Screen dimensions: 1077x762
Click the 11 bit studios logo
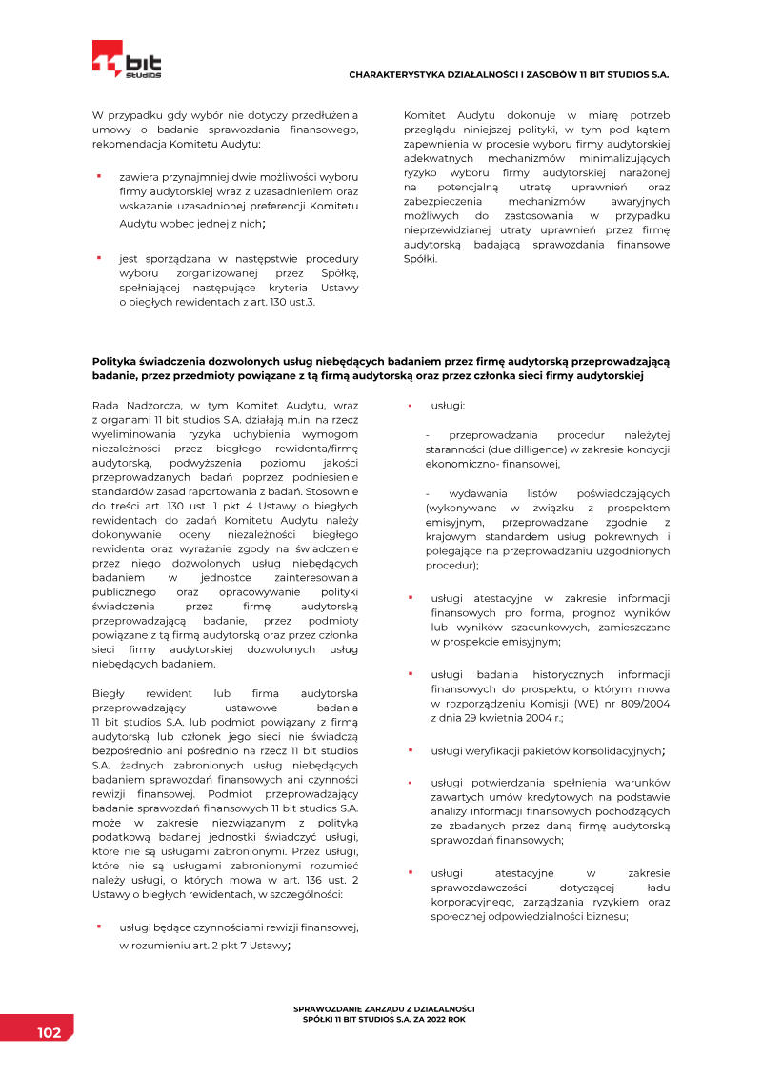tap(127, 60)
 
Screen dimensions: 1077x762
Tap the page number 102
tap(50, 1033)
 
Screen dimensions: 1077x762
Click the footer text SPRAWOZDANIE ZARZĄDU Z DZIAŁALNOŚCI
tap(384, 1007)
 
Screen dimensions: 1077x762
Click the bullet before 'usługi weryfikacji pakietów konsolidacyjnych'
tap(410, 749)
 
